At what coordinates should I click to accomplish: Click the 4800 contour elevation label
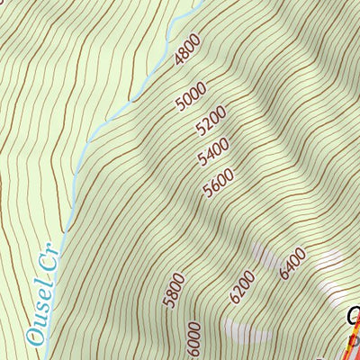click(x=188, y=50)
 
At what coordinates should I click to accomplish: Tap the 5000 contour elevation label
click(x=192, y=95)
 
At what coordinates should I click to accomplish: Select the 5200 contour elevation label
click(x=210, y=121)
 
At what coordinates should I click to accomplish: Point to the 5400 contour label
click(x=213, y=152)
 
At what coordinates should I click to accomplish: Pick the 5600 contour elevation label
click(x=219, y=184)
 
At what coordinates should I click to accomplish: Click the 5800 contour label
click(x=175, y=291)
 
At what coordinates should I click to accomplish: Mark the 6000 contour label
click(x=193, y=338)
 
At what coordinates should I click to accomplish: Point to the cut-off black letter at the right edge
click(x=354, y=317)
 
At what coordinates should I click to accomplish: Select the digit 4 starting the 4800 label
click(x=179, y=62)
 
